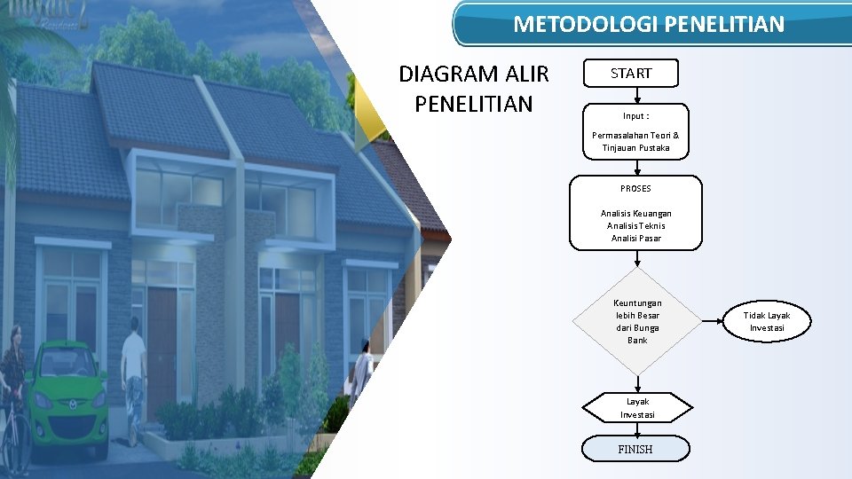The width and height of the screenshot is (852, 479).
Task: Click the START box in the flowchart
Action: pyautogui.click(x=630, y=74)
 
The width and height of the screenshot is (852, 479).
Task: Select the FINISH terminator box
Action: pyautogui.click(x=635, y=449)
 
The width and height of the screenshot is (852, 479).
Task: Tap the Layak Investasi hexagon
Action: pyautogui.click(x=636, y=408)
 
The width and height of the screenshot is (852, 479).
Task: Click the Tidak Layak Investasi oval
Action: pyautogui.click(x=766, y=321)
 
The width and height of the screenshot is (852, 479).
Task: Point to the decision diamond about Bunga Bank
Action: pyautogui.click(x=636, y=321)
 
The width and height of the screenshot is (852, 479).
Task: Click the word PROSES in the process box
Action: pyautogui.click(x=635, y=189)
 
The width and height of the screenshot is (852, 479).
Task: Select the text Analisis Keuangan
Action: pyautogui.click(x=635, y=214)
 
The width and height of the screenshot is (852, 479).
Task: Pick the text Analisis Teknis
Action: pyautogui.click(x=635, y=226)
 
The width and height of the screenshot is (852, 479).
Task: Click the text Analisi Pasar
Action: pyautogui.click(x=635, y=239)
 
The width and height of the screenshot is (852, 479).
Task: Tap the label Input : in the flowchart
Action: pyautogui.click(x=635, y=116)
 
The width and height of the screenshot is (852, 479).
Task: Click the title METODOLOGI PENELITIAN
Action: pyautogui.click(x=649, y=24)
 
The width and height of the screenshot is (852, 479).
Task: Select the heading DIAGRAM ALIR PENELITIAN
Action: pyautogui.click(x=474, y=89)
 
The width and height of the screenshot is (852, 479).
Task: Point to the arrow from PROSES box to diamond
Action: pyautogui.click(x=636, y=258)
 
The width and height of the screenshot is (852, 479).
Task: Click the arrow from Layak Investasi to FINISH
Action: pyautogui.click(x=636, y=429)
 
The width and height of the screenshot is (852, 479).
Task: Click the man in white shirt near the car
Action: pyautogui.click(x=134, y=373)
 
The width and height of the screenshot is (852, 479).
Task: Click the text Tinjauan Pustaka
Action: pyautogui.click(x=635, y=148)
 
